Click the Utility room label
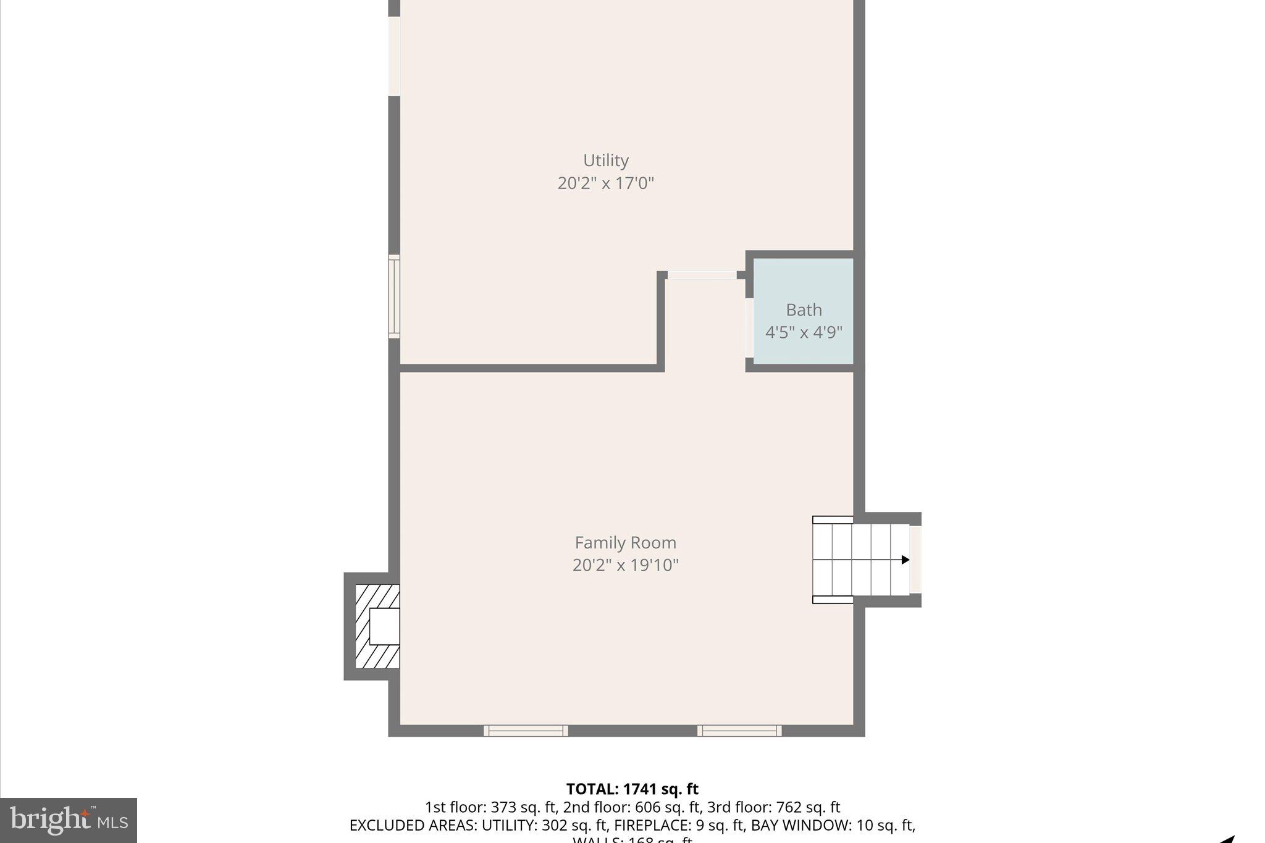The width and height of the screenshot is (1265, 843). click(x=605, y=161)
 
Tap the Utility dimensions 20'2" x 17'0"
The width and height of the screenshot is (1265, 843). click(x=605, y=183)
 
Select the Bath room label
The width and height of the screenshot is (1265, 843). click(x=804, y=309)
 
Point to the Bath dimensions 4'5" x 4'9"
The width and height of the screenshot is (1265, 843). click(x=804, y=332)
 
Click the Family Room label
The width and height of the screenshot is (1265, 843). click(x=625, y=543)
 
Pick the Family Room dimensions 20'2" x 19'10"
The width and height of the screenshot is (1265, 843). click(x=625, y=565)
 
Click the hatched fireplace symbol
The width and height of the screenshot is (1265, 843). click(x=377, y=626)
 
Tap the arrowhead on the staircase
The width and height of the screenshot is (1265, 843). click(x=905, y=560)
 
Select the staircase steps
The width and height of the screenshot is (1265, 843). click(x=861, y=560)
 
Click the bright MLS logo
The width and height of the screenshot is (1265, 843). click(x=69, y=820)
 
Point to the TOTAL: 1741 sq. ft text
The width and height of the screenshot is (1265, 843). click(x=632, y=789)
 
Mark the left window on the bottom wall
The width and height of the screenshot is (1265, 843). click(x=526, y=731)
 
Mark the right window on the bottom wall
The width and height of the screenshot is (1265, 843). click(x=739, y=731)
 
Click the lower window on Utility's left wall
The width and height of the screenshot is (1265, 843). click(x=394, y=296)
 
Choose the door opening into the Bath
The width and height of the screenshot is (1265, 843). click(x=749, y=328)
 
